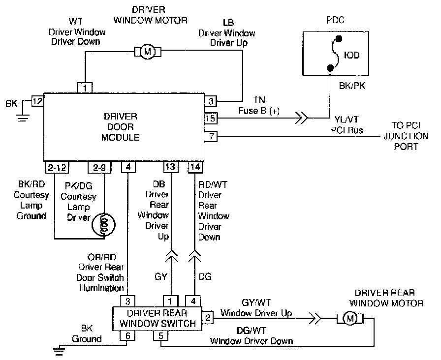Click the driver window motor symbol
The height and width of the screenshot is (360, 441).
pos(147,52)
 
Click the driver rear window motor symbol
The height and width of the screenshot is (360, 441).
pos(350,318)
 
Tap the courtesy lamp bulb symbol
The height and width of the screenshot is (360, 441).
pos(105,225)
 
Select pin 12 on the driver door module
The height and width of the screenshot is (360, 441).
pos(37,101)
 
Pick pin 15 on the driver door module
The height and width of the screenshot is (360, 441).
pos(211,119)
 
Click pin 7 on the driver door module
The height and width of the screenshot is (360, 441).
pos(211,137)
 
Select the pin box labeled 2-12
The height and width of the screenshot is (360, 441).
pos(57,168)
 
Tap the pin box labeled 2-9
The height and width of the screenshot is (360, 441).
pos(99,168)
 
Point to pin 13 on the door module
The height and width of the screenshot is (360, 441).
pos(171,167)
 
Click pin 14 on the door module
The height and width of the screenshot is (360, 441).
pos(195,167)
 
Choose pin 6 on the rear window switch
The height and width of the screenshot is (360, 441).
pos(127,335)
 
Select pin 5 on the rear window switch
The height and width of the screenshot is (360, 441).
pos(160,335)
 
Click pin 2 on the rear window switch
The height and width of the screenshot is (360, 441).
pos(208,318)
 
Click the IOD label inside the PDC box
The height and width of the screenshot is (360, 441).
pos(351,55)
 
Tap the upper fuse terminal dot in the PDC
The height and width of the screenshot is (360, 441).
pos(339,38)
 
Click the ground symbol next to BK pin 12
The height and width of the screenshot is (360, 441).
pos(23,118)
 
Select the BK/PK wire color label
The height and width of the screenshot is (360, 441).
pos(352,86)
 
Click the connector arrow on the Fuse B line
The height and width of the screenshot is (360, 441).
pos(302,118)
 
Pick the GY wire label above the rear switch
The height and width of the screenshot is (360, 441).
pos(161,277)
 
